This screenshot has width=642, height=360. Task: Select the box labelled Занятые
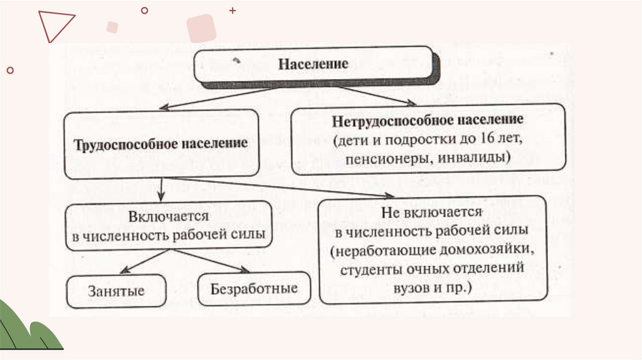point(116,291)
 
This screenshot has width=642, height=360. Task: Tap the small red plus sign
point(233,11)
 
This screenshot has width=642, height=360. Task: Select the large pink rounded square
point(201,28)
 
